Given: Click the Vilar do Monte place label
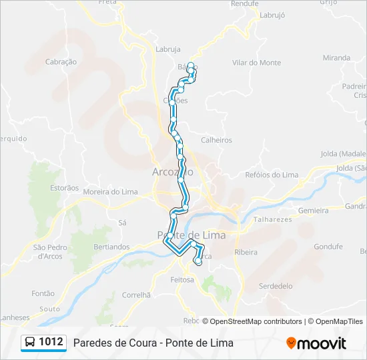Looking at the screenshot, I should click(257, 63).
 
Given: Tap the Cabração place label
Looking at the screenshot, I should click(61, 62).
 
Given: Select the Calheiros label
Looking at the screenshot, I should click(216, 140).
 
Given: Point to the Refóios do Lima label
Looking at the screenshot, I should click(272, 175).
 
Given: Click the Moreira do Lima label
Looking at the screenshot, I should click(110, 192).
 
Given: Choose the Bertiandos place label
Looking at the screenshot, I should click(112, 247).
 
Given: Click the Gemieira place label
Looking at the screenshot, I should click(314, 210).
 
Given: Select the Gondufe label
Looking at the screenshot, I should click(328, 246).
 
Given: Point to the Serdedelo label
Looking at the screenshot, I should click(276, 286).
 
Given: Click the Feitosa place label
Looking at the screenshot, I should click(182, 280).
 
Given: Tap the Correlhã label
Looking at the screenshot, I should click(137, 295).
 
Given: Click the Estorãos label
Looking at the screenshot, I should click(64, 188).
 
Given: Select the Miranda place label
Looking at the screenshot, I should click(336, 58).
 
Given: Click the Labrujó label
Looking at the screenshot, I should click(272, 15).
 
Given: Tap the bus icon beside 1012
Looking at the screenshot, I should click(31, 343).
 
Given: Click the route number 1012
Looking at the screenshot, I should click(51, 342).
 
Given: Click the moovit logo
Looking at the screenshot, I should click(316, 343).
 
